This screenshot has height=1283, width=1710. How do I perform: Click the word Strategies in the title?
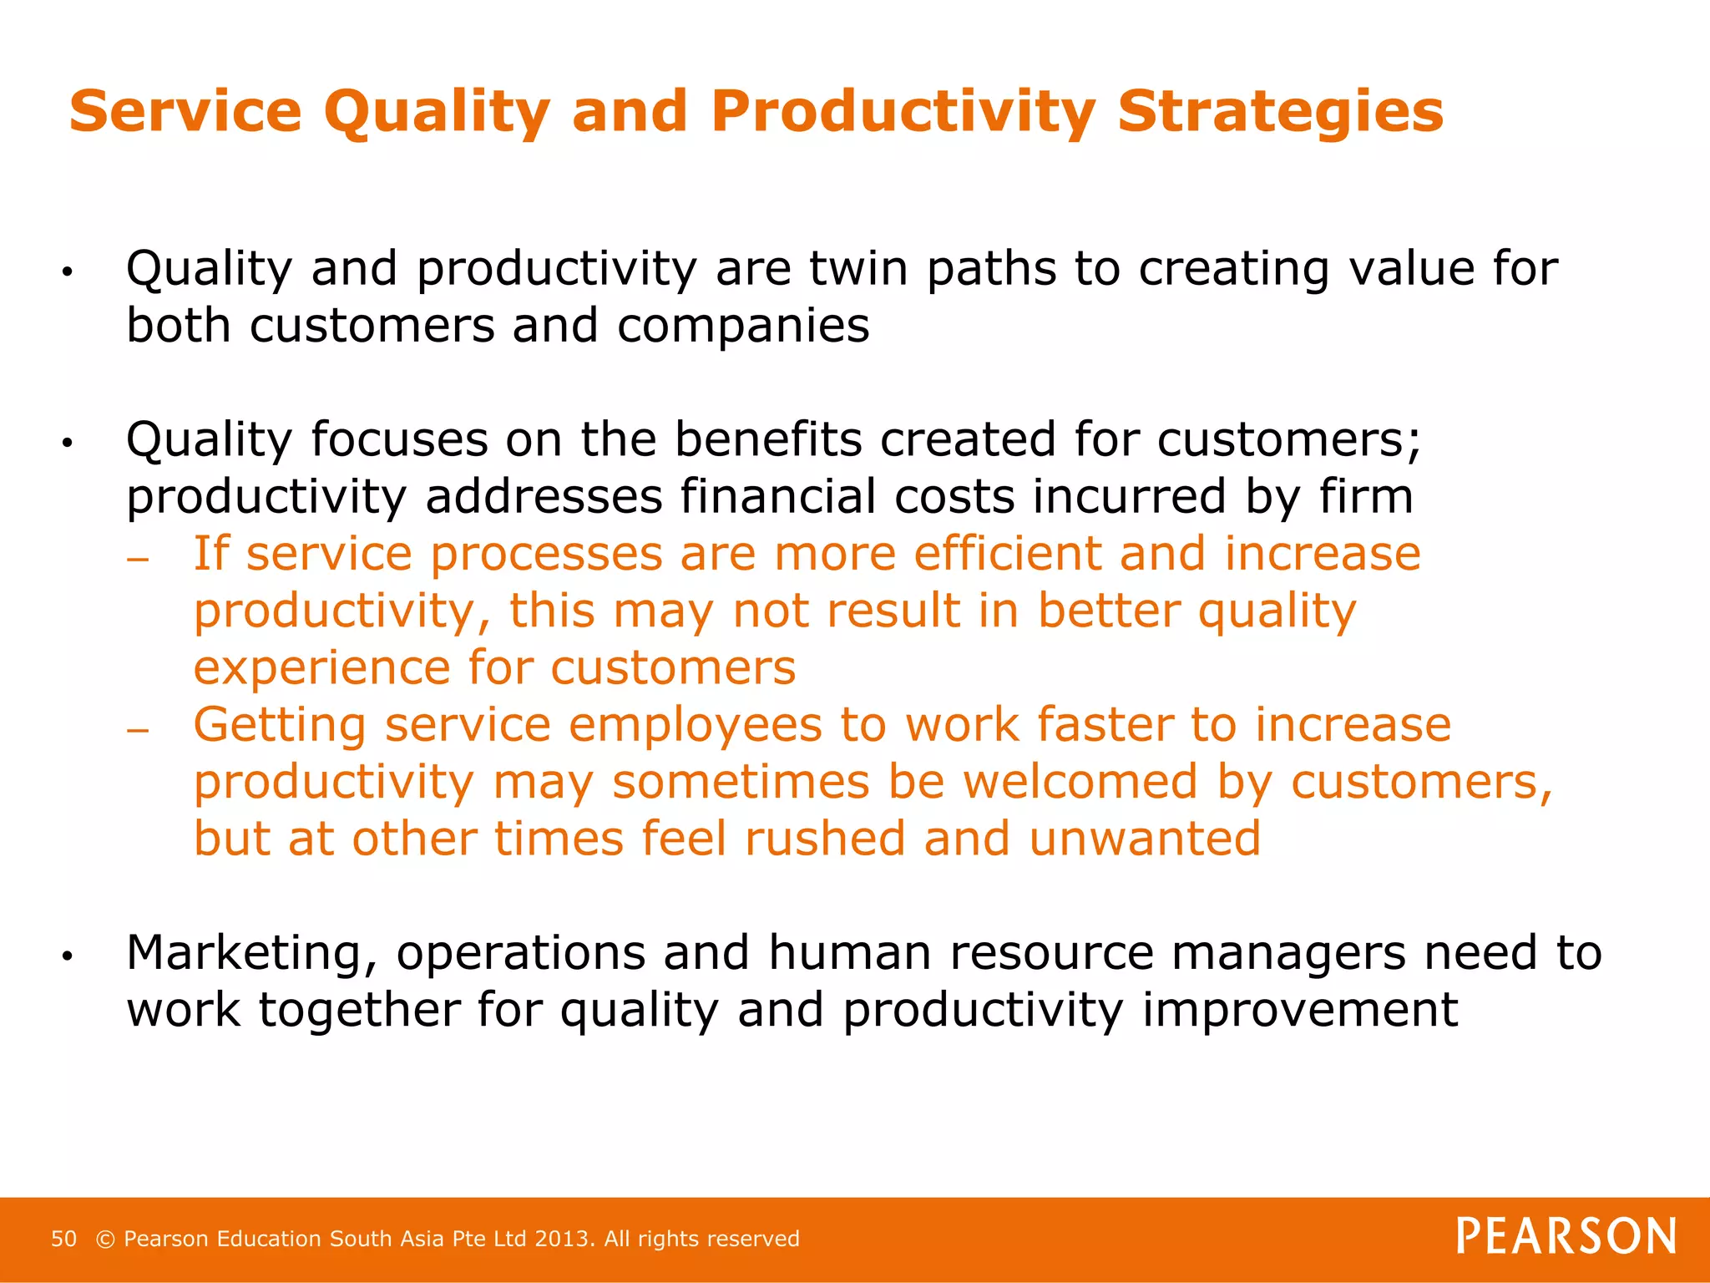click(x=1280, y=111)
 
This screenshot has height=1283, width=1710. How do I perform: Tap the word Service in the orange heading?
click(x=185, y=111)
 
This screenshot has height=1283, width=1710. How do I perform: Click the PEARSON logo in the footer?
click(x=1566, y=1236)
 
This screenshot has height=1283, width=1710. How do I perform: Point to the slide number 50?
click(x=63, y=1239)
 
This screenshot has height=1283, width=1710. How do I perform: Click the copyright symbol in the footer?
click(x=105, y=1239)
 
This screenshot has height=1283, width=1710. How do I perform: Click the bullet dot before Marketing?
click(x=68, y=956)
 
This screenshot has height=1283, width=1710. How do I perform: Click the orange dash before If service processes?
click(x=138, y=560)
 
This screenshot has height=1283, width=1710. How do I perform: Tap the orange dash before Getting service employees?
click(x=138, y=731)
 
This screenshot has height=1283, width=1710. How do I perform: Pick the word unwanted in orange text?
click(x=1145, y=839)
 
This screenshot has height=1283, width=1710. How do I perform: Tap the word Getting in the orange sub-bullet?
click(x=280, y=725)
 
